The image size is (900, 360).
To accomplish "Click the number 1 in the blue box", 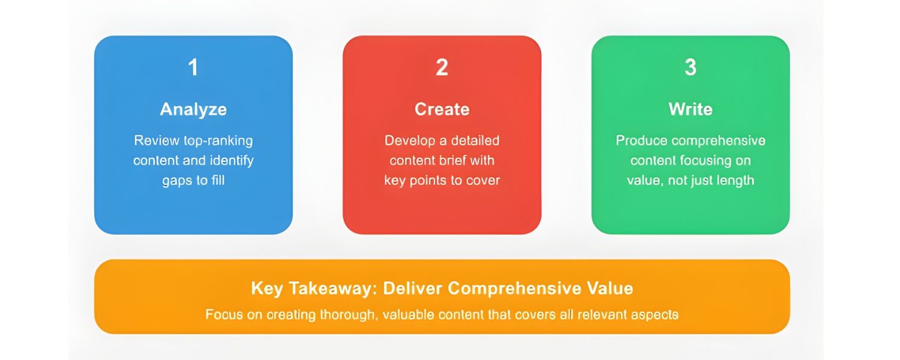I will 193,67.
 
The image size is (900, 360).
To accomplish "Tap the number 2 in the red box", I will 442,67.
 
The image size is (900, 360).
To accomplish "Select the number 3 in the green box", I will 691,67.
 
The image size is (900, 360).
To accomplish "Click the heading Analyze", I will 193,109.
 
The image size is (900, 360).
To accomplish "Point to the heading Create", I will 442,109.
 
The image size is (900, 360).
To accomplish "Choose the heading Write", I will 691,109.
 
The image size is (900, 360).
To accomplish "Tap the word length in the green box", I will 734,181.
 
